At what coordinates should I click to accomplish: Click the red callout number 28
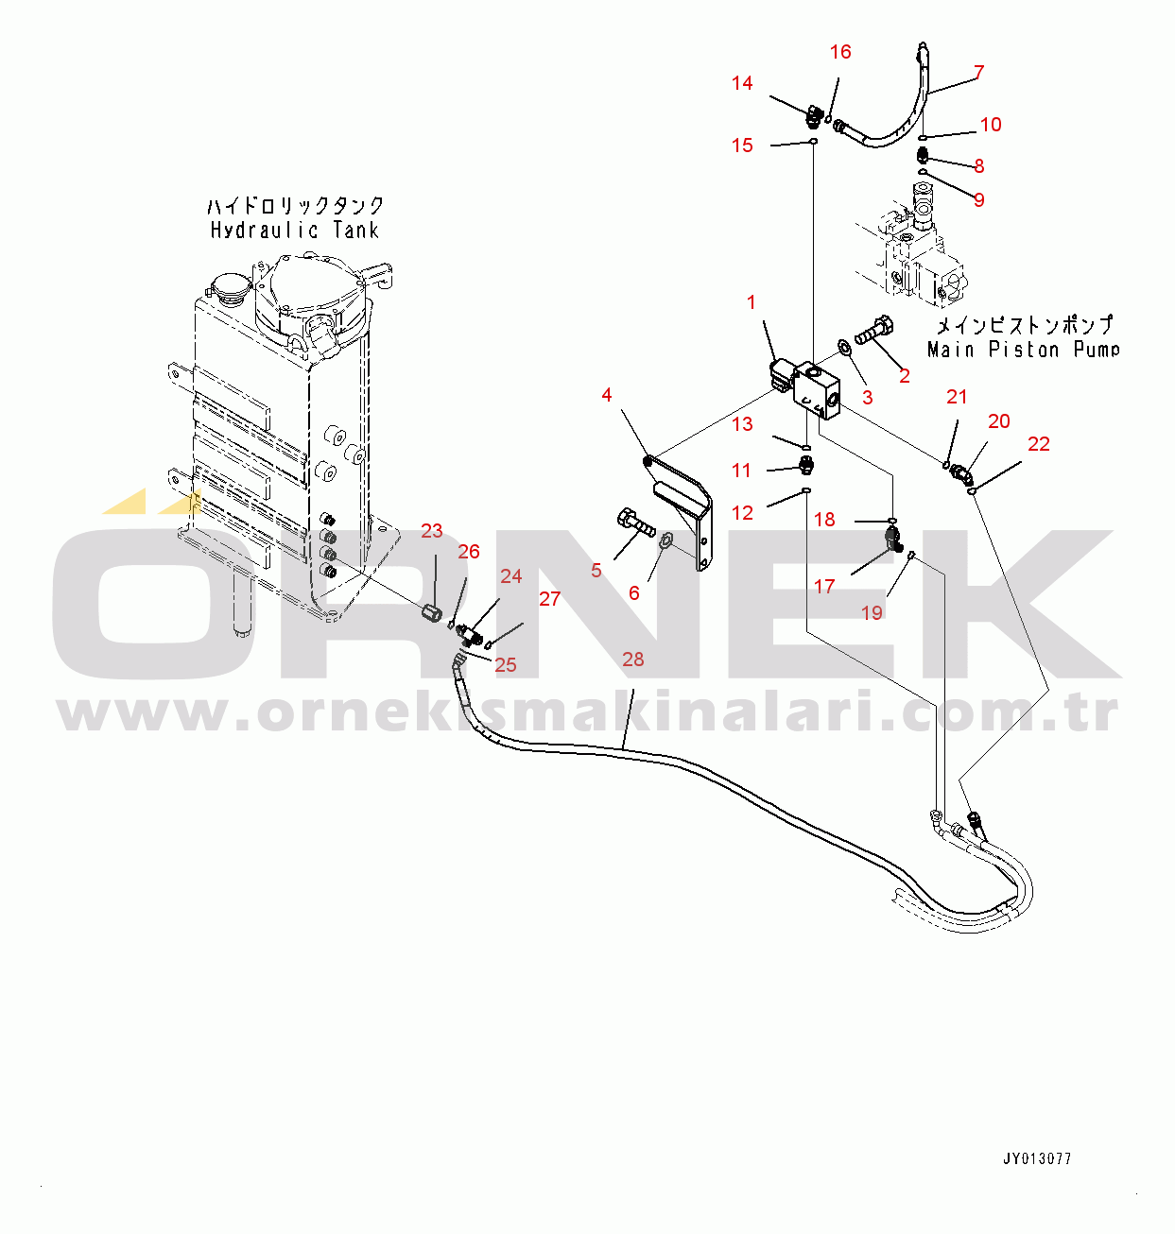tap(632, 660)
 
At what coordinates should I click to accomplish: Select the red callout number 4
tap(606, 395)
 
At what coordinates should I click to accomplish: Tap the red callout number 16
tap(840, 51)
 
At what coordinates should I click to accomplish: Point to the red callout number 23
tap(431, 531)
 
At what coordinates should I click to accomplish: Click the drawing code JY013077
tap(1037, 1159)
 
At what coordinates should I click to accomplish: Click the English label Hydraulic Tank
tap(295, 231)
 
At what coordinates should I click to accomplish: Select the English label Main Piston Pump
tap(1023, 349)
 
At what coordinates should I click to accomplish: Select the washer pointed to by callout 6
tap(667, 540)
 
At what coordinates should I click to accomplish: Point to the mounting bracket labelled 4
tap(682, 511)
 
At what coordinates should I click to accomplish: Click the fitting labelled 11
tap(806, 465)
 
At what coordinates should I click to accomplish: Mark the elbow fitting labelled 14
tap(815, 115)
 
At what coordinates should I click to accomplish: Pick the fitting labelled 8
tap(923, 154)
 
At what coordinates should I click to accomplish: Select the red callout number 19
tap(871, 612)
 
